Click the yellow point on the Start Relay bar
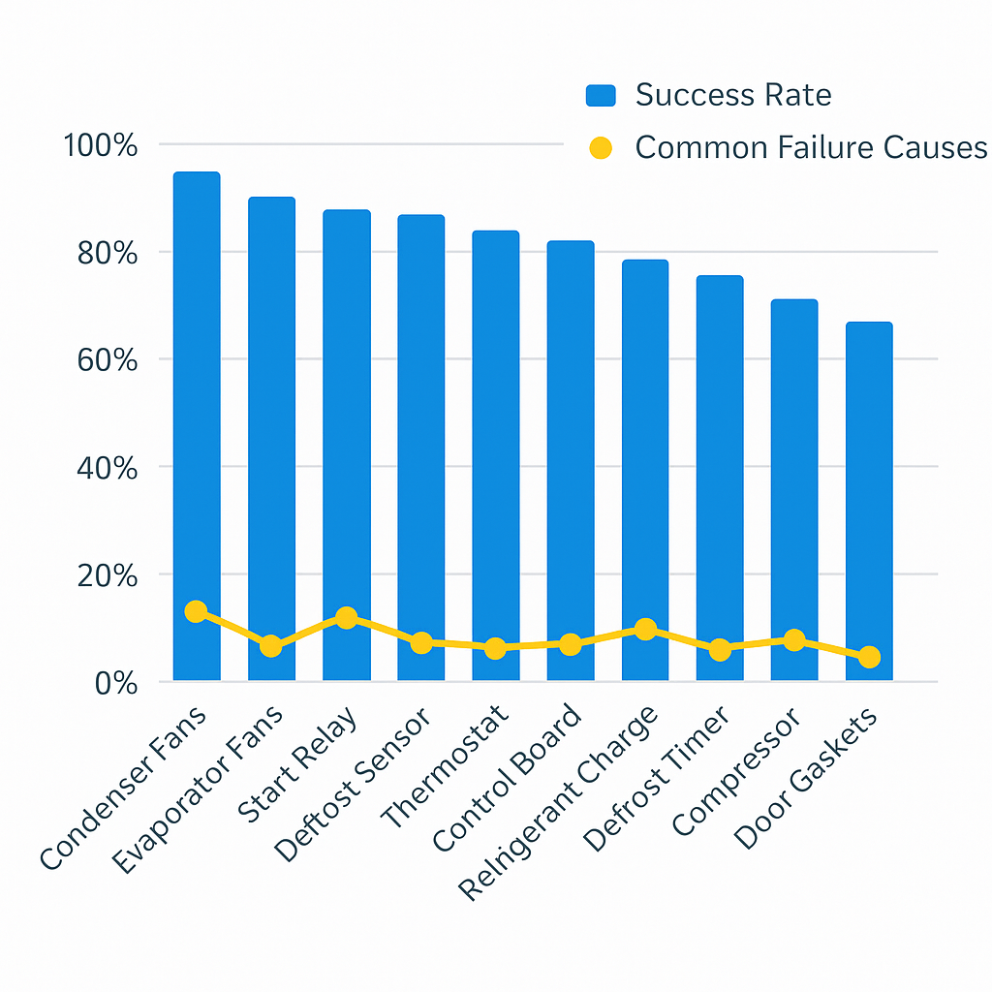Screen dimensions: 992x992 [x=346, y=618]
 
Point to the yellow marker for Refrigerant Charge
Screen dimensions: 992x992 [x=645, y=630]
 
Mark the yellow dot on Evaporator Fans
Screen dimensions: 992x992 [x=271, y=646]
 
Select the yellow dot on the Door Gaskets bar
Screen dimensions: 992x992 [x=869, y=657]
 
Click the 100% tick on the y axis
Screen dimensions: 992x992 [x=101, y=146]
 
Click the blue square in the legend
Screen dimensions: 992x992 [x=601, y=95]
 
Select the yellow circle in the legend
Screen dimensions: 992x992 [x=601, y=148]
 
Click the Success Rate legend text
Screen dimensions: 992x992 [x=733, y=95]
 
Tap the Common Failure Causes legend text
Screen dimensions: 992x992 [x=811, y=147]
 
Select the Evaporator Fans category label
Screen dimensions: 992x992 [x=200, y=790]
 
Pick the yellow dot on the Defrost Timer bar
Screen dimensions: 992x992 [x=720, y=650]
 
